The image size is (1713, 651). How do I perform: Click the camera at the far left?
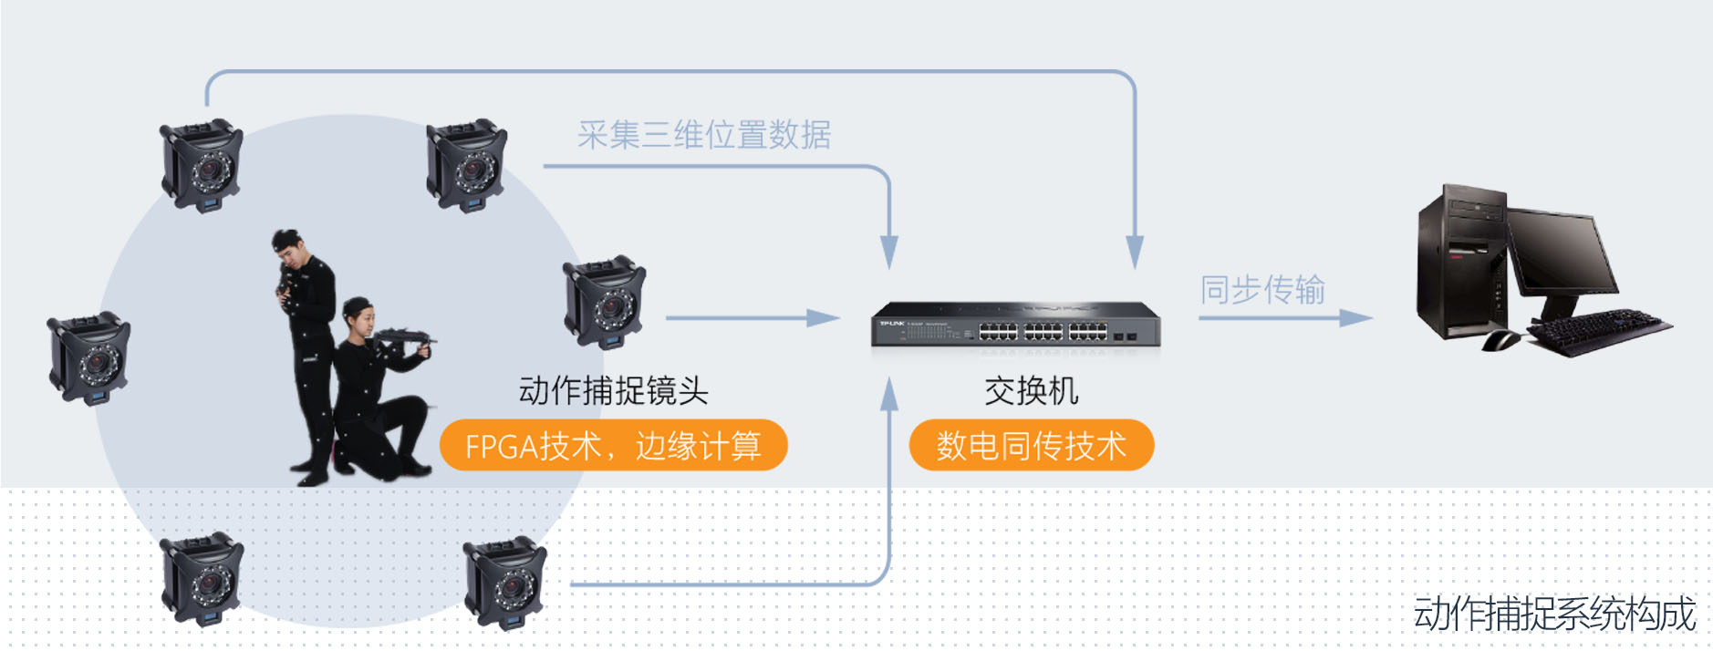point(88,357)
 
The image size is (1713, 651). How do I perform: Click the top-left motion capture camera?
point(202,164)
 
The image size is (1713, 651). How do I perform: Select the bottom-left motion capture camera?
point(202,579)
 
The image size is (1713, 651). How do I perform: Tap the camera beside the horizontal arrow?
point(604,301)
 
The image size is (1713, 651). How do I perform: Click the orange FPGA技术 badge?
point(613,445)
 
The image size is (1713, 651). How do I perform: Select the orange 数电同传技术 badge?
point(1032,445)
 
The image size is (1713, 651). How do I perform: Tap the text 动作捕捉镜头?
point(613,390)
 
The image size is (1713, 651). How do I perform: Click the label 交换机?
point(1032,390)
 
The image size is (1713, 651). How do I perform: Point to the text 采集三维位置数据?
point(703,135)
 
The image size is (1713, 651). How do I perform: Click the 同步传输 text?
point(1261,289)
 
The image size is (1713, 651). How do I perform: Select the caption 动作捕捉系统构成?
point(1554,613)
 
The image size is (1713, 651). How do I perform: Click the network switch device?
point(1015,325)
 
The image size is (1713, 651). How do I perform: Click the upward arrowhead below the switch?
point(889,394)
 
